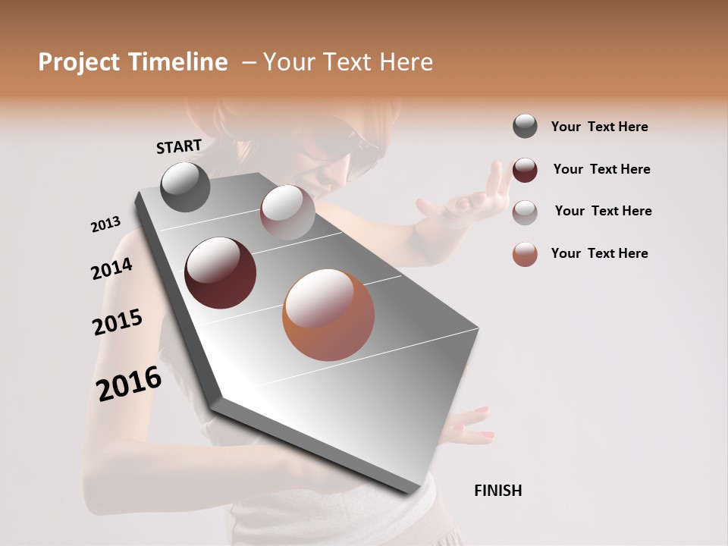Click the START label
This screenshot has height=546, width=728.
179,146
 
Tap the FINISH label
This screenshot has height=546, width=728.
498,491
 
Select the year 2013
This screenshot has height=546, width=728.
106,224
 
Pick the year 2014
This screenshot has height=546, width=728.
112,269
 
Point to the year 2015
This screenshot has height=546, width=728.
118,322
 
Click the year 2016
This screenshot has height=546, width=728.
129,383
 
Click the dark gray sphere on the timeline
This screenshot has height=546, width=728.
186,187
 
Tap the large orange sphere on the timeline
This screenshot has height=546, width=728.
328,315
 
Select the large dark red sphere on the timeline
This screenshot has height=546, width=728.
221,273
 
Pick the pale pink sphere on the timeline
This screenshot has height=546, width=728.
287,212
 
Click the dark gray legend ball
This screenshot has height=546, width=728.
525,126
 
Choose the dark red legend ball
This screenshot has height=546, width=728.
525,170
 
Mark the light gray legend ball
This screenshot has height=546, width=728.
525,212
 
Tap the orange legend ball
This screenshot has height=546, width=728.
525,254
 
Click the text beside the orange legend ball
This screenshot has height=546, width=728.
599,253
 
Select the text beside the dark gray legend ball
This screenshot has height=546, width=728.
599,127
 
